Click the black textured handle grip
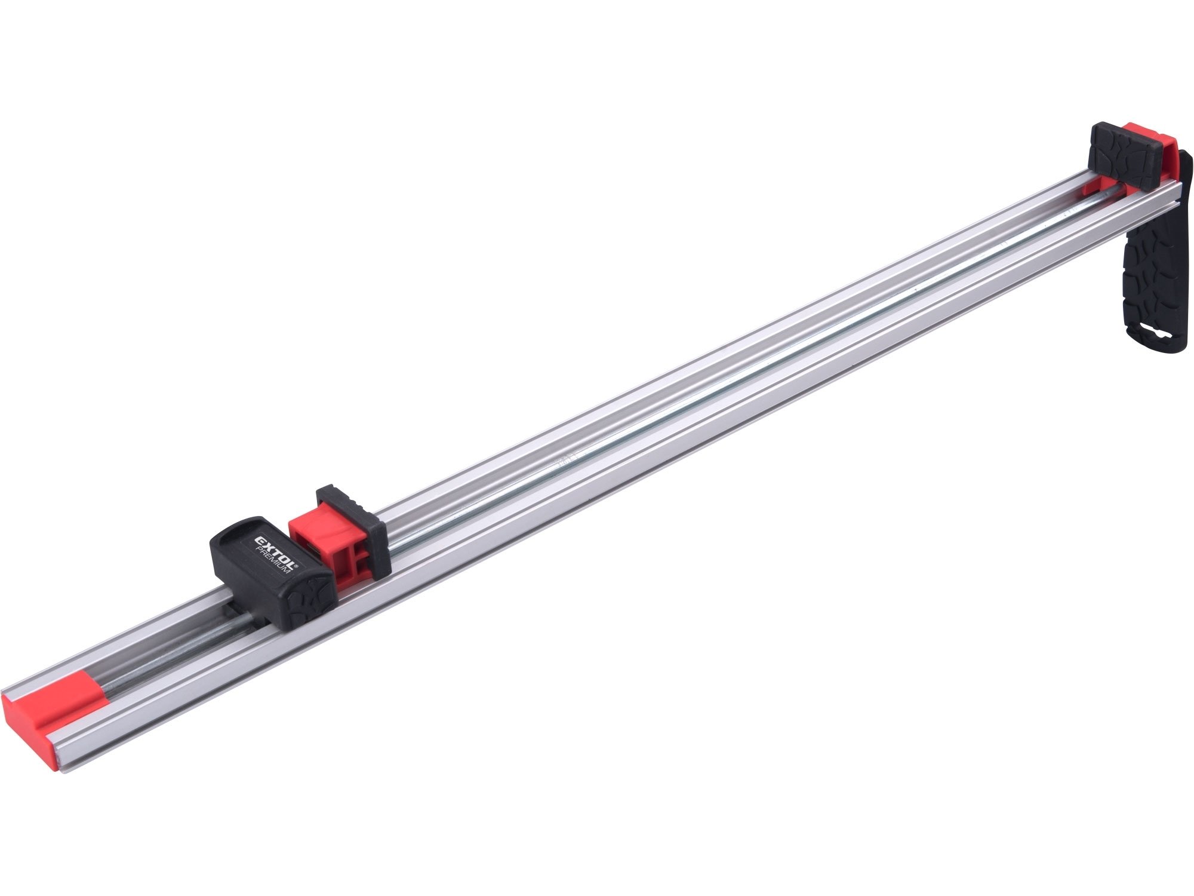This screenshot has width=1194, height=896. click(1149, 281)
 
